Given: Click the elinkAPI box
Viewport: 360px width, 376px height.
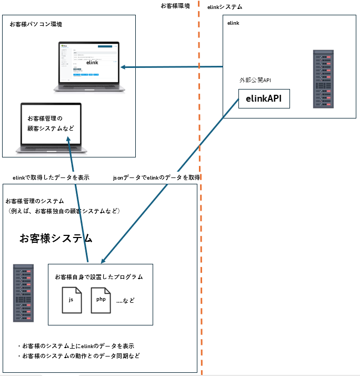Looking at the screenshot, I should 264,98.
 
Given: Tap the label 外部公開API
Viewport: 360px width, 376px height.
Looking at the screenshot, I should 255,80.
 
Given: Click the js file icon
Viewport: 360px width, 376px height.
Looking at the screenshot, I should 72,300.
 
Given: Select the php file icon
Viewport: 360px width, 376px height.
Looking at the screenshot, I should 101,300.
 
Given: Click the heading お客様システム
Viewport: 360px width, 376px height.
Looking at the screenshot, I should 56,239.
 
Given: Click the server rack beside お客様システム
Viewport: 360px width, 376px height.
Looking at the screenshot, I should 24,293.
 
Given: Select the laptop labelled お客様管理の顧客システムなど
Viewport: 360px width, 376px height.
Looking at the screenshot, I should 51,127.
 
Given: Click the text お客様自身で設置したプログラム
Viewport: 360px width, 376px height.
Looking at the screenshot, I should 98,277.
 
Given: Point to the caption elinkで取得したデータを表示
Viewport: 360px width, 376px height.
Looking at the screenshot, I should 51,178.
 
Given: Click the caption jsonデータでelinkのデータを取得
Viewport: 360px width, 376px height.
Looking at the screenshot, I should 156,178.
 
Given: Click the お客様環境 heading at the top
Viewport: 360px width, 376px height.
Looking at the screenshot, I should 175,6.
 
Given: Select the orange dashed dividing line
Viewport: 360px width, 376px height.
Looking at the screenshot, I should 201,211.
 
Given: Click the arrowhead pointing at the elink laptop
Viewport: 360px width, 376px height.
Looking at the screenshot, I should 123,67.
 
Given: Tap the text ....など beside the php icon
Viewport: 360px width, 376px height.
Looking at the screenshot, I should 125,300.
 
